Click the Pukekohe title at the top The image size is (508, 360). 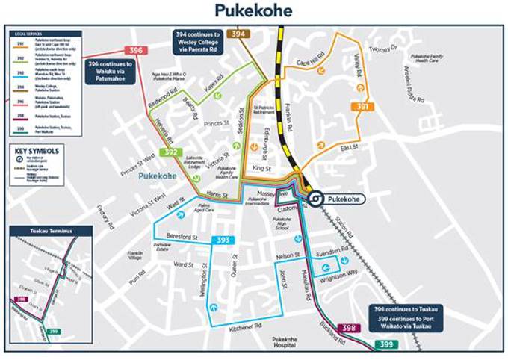pos(253,10)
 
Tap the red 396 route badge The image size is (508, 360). pos(135,50)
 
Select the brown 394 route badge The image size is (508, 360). pos(238,34)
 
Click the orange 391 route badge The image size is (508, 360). pos(362,108)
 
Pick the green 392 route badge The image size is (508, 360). pos(170,152)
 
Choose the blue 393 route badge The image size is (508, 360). pos(223,240)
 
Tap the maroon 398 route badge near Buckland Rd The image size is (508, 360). pos(348,328)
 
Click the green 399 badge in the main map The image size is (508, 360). pos(386,344)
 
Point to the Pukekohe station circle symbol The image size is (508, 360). pos(317,199)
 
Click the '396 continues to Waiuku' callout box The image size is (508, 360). pos(111,69)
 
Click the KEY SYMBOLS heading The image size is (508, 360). pos(38,150)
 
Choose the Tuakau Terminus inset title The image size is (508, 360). pos(49,232)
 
